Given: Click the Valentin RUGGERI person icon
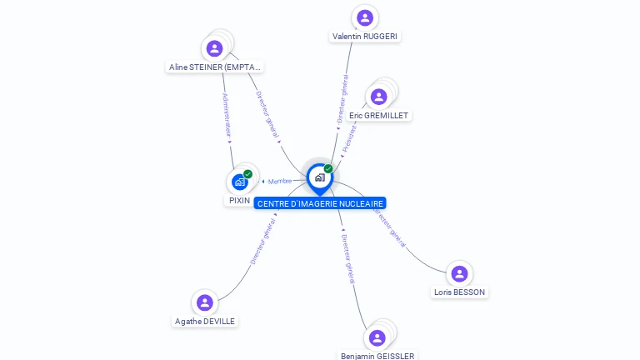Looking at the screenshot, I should [x=364, y=17].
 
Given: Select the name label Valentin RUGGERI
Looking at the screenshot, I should [x=365, y=37].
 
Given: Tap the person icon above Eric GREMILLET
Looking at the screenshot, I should [x=378, y=97].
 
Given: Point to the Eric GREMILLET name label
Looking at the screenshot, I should [x=379, y=116].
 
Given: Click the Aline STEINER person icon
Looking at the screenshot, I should [x=214, y=48].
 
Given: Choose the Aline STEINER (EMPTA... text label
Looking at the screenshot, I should [x=215, y=67].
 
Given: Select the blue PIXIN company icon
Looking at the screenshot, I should [x=240, y=182].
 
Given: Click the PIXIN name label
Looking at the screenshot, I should [x=239, y=201].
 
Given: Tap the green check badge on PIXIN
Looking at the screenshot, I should [x=248, y=174].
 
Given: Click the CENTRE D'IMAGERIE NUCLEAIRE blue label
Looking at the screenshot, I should [x=320, y=203].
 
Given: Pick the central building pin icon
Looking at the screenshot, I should [x=319, y=177].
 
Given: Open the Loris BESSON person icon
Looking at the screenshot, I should [x=458, y=273].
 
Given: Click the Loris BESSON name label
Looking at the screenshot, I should [x=460, y=292].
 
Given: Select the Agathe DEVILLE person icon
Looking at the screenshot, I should [x=205, y=302].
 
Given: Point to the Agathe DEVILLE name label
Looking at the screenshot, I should [x=205, y=322].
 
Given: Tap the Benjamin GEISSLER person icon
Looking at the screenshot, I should [x=377, y=337].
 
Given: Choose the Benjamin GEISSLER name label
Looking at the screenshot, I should [x=377, y=356].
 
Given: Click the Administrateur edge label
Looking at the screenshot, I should [x=227, y=115].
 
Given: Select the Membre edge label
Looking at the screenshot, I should [x=279, y=182].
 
